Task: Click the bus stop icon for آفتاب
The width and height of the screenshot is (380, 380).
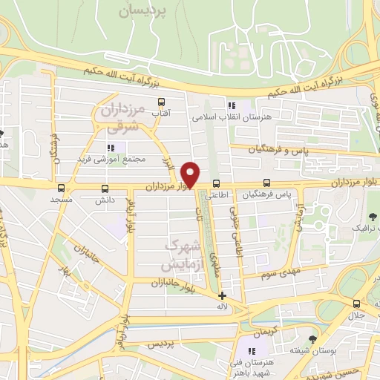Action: pos(161,102)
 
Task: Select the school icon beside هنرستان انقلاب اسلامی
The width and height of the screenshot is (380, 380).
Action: pos(232,105)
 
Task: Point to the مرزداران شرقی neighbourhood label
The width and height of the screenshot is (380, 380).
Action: pos(120,119)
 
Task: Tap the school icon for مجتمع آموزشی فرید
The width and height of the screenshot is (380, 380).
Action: pos(112,148)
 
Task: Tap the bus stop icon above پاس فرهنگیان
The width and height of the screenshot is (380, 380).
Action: pos(266,183)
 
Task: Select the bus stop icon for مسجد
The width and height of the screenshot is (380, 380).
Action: pos(61,188)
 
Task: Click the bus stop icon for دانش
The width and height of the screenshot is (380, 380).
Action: pos(104,188)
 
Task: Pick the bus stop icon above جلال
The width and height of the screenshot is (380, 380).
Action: pos(357,304)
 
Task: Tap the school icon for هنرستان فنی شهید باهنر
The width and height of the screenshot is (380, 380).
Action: pos(251,350)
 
